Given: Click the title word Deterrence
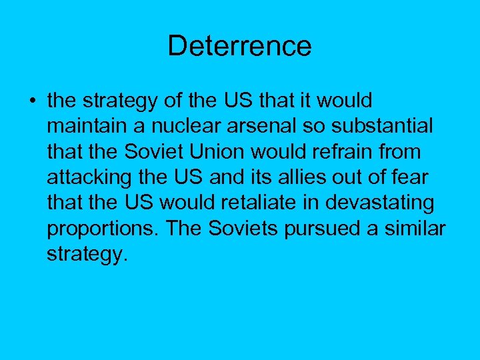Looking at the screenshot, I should [x=239, y=46].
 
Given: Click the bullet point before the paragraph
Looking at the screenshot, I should [x=31, y=101].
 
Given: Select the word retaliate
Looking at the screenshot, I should [x=252, y=202].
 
